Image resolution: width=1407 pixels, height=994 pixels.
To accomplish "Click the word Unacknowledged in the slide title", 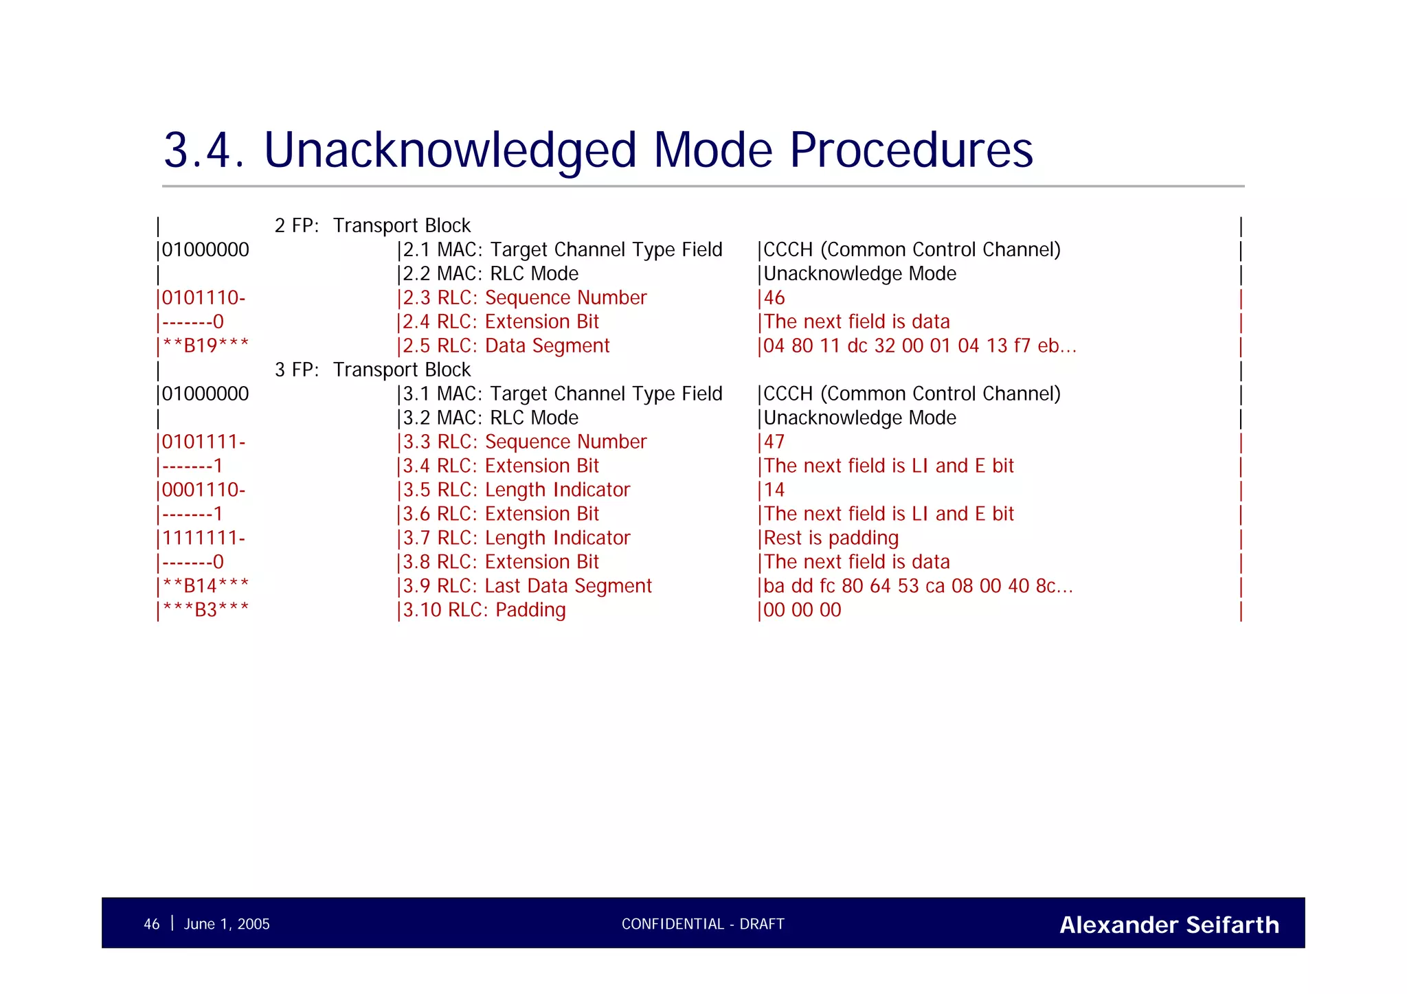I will (450, 150).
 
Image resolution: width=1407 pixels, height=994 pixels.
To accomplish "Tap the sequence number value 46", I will (774, 298).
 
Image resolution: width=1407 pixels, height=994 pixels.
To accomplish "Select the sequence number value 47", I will (774, 442).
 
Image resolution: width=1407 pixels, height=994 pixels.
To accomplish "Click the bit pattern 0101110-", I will (203, 298).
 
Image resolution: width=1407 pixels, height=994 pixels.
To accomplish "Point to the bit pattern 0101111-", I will (203, 442).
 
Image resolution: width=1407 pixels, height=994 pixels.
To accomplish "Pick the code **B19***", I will (205, 346).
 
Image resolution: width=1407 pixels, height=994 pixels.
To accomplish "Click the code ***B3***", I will (205, 610).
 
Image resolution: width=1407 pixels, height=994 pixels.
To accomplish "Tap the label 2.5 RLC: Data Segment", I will (506, 346).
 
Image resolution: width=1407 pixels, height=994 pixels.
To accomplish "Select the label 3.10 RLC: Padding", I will (484, 611).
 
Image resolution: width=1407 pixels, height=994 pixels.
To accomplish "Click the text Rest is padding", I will (831, 539).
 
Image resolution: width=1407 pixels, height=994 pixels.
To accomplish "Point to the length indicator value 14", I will (774, 490).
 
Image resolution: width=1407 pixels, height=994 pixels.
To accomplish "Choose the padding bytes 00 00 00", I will (802, 611).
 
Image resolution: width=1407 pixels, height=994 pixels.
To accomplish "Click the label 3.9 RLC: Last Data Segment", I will (527, 587).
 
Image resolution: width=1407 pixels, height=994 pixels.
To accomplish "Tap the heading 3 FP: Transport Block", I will (372, 370).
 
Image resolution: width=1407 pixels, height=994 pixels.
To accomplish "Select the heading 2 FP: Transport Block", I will (372, 226).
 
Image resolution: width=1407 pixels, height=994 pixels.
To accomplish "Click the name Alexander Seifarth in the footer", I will (1169, 925).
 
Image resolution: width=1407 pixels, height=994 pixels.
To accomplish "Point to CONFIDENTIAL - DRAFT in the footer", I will (703, 925).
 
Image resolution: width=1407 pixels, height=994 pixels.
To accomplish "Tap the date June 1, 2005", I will (227, 925).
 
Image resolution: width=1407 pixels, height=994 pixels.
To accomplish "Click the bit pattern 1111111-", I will (203, 539).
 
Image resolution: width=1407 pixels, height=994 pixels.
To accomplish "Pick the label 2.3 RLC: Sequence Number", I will (524, 298).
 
